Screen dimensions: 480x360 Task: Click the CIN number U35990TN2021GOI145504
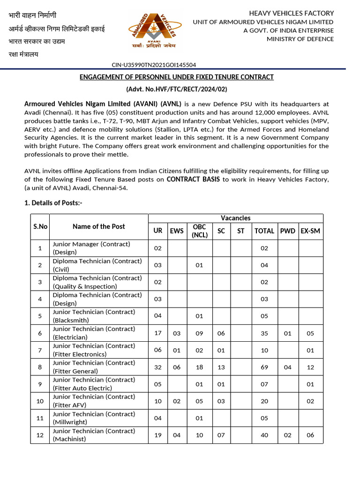click(154, 65)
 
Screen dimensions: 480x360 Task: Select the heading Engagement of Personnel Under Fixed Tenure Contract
click(176, 77)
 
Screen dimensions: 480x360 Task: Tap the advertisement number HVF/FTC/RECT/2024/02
click(176, 89)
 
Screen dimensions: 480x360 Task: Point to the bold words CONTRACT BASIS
click(193, 179)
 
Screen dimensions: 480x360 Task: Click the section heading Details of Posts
click(53, 202)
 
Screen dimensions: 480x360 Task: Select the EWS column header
click(177, 231)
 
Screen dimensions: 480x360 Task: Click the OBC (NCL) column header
click(200, 231)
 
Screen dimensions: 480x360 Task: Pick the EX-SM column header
click(310, 231)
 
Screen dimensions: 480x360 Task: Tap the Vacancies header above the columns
click(235, 218)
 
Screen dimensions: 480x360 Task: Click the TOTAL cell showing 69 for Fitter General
click(264, 367)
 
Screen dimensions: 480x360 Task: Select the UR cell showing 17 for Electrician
click(158, 333)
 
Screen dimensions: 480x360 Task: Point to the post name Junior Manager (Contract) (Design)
click(91, 248)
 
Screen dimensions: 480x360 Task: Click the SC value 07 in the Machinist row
click(221, 435)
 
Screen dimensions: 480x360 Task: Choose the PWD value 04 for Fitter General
click(287, 367)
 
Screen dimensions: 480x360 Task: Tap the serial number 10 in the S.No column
click(40, 401)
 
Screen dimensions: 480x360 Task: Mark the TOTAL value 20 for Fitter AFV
click(264, 401)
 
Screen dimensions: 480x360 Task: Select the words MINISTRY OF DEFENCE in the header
click(300, 39)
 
